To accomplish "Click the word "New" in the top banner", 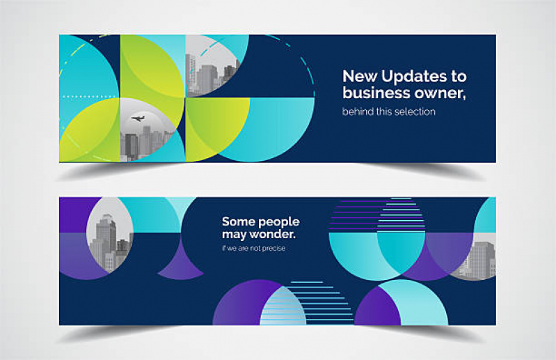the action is coord(360,77).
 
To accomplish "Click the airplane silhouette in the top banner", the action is coord(138,118).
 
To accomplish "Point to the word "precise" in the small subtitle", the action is coord(273,249).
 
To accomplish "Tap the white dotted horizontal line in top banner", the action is coord(89,97).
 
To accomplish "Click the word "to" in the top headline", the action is coord(459,77).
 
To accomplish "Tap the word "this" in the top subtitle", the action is coord(383,111).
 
